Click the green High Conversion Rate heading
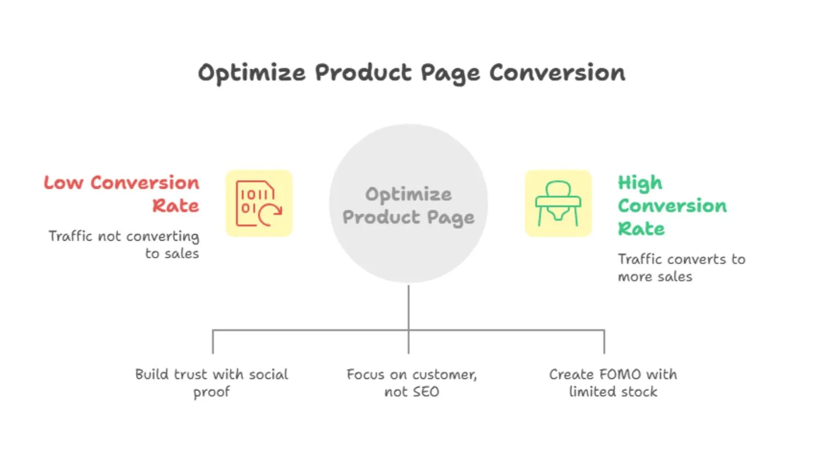tap(672, 205)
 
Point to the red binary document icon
tap(259, 203)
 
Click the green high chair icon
tap(558, 203)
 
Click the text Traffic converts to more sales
tap(681, 268)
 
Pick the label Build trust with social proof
tap(211, 383)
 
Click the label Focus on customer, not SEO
tap(411, 383)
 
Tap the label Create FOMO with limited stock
tap(613, 383)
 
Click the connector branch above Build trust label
tap(213, 341)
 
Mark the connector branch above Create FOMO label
tap(604, 341)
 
